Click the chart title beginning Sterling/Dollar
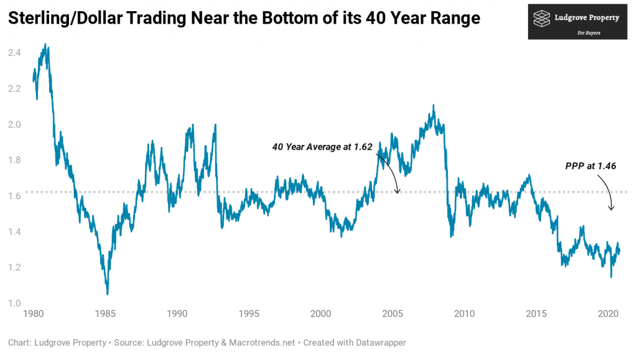[244, 19]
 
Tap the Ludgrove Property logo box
[577, 22]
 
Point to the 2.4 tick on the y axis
[14, 53]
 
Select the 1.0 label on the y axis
[14, 303]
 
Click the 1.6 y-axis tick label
[14, 196]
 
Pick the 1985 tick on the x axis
[105, 313]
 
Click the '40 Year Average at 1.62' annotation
[322, 147]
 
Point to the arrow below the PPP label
[610, 193]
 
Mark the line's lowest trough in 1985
[107, 293]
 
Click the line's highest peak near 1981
[46, 45]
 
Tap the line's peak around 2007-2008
[434, 106]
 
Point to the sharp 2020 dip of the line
[611, 276]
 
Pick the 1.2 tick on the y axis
[14, 267]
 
